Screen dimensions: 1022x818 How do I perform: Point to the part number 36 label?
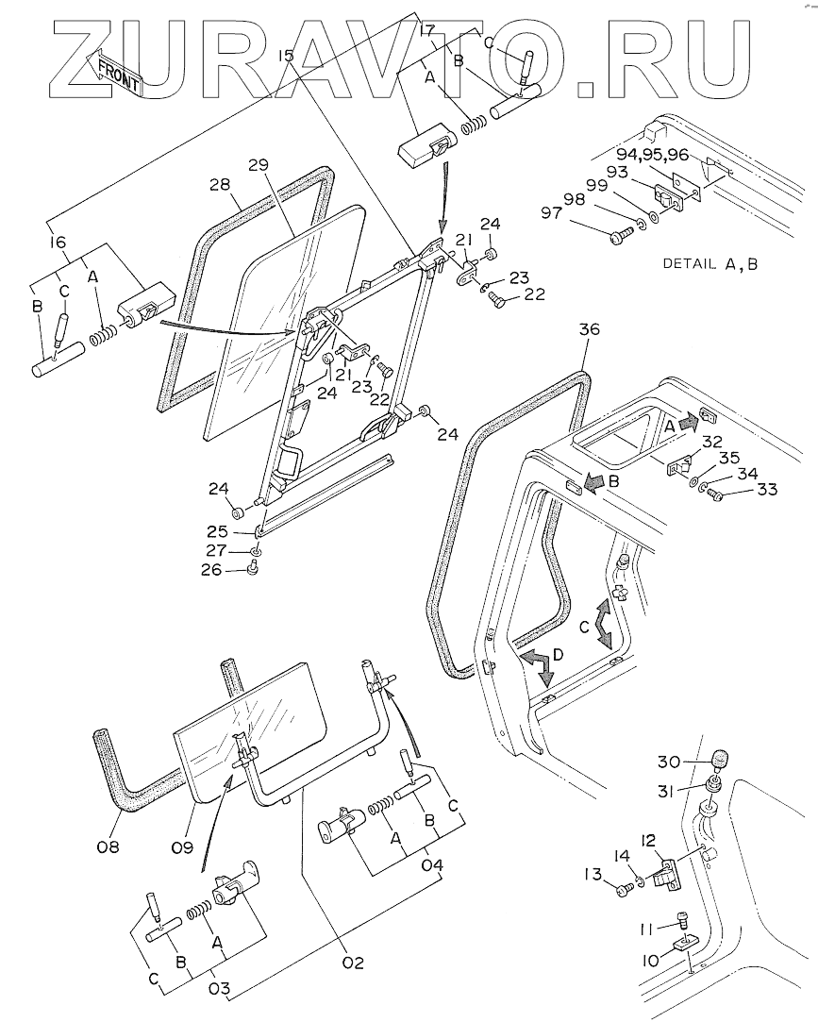tap(589, 330)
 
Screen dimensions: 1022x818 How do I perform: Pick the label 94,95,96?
tap(653, 154)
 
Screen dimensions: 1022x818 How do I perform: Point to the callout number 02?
tap(353, 962)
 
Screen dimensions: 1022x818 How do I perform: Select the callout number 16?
tap(58, 243)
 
